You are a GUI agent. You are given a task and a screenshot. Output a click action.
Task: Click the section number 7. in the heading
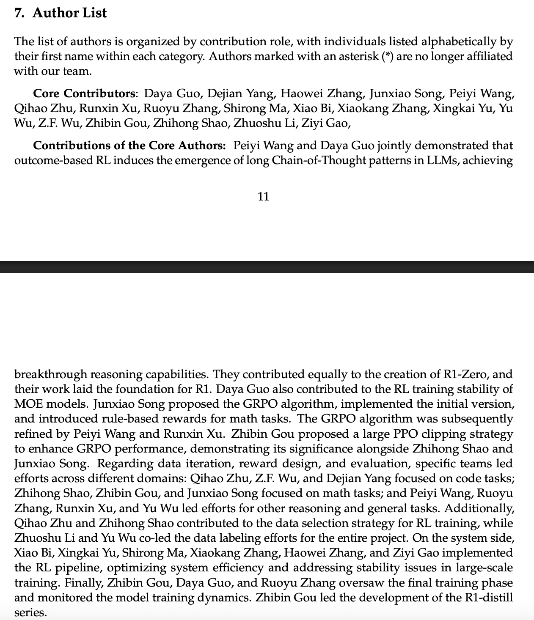click(19, 13)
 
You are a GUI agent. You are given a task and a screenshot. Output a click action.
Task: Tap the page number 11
click(263, 196)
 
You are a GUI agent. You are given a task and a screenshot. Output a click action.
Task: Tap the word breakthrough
click(51, 374)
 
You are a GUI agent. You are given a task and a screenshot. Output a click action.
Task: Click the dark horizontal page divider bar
click(267, 267)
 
